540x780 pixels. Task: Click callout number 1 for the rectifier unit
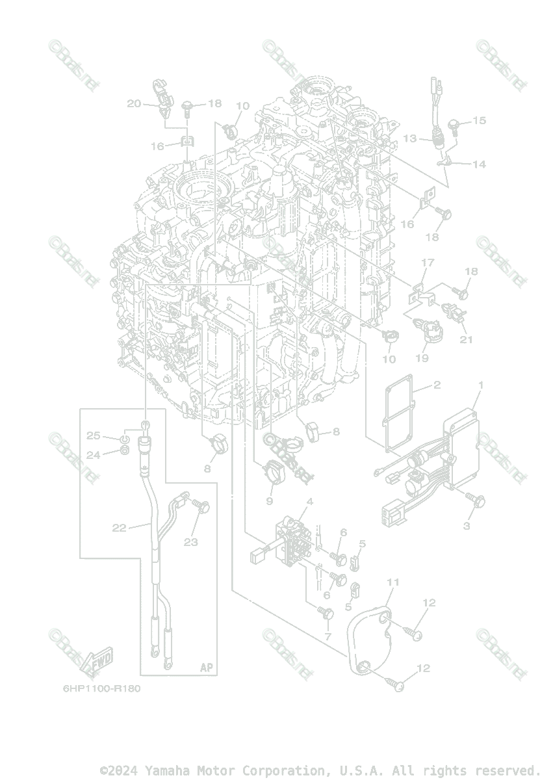point(481,385)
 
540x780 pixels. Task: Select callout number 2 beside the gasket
point(437,385)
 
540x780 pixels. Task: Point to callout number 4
point(310,501)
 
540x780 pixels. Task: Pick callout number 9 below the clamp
point(269,501)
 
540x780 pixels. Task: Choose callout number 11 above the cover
point(392,580)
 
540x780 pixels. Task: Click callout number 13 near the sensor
point(409,138)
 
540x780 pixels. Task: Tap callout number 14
point(479,164)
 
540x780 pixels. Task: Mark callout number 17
point(427,263)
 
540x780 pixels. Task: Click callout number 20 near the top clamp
point(134,103)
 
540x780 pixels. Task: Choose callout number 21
point(467,339)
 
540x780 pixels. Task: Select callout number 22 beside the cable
point(119,528)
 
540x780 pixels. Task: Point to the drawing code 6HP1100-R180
point(101,688)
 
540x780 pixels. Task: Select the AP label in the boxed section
point(206,668)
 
